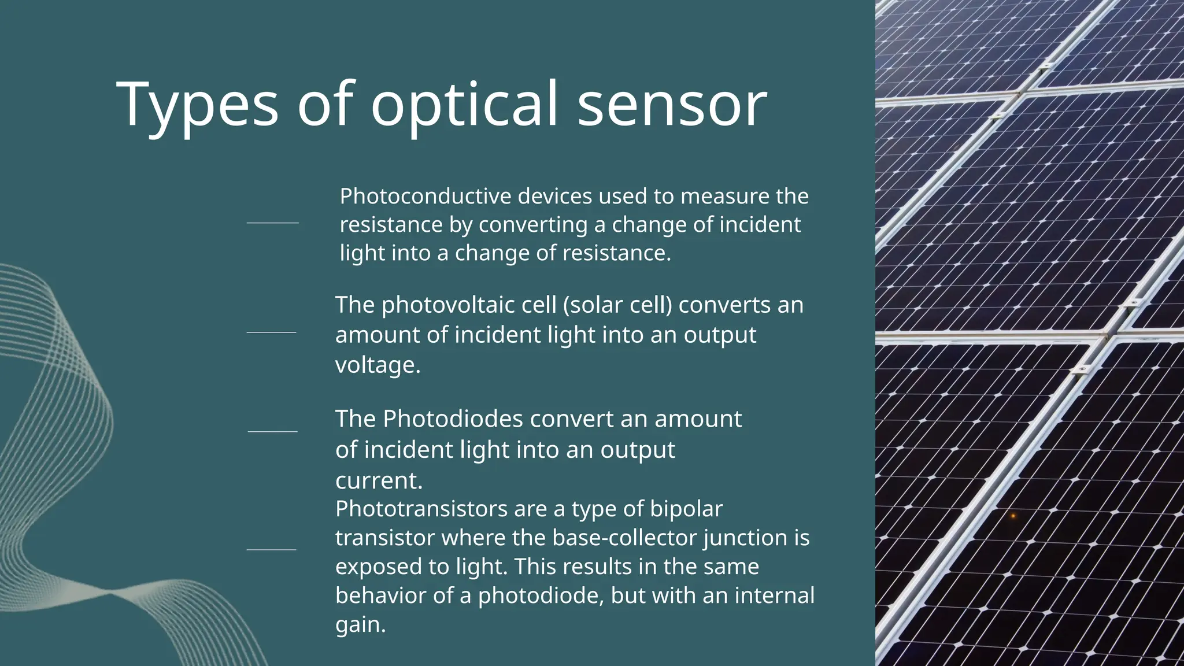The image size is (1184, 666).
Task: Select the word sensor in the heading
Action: coord(672,105)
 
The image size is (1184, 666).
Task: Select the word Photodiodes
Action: coord(453,419)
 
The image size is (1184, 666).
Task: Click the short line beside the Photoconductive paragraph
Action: coord(272,223)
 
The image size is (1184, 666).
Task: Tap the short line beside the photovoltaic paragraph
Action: coord(271,332)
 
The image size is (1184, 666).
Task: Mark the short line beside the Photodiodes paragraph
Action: coord(272,431)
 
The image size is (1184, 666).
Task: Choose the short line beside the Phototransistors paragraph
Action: coord(271,550)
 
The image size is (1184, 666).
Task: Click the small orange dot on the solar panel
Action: coord(1013,516)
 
